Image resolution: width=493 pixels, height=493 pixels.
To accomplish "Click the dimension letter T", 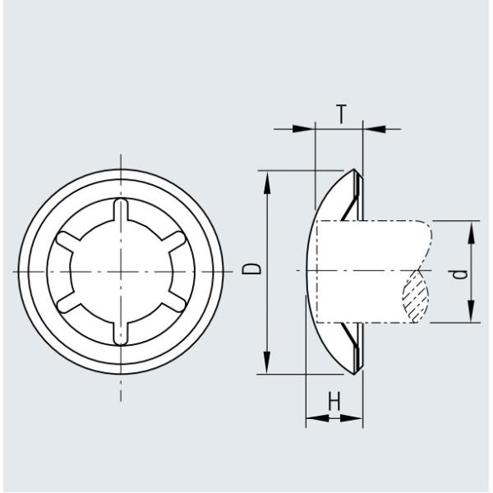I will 340,116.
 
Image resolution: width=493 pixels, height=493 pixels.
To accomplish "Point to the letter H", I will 334,402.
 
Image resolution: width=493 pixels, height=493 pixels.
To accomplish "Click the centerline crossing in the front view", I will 121,271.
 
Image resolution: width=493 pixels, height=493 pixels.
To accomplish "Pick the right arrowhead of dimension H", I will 357,418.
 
